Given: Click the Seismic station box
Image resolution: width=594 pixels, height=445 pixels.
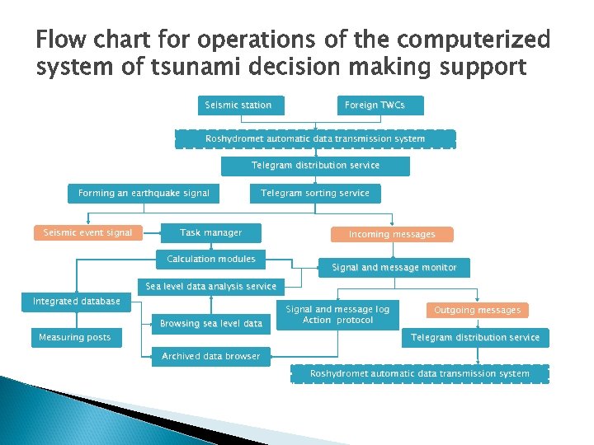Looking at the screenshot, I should tap(238, 105).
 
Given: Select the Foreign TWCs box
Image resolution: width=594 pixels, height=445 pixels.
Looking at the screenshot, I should tap(381, 105).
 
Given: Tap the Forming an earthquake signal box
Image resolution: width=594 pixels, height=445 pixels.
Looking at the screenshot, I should tap(144, 194).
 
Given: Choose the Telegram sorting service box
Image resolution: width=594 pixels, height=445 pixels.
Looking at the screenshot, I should tap(315, 194).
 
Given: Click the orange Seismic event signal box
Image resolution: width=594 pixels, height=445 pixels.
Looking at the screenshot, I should tap(87, 233).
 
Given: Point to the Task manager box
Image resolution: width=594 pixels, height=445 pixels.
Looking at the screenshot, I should tap(211, 233).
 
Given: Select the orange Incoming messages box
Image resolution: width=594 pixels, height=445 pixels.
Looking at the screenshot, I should tap(392, 235).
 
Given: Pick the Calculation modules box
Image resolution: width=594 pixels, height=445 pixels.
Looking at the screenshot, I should tap(211, 260).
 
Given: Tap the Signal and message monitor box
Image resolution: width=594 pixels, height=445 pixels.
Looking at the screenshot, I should tap(394, 268).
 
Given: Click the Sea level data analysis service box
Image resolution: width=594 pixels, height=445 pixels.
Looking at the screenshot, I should tap(211, 287).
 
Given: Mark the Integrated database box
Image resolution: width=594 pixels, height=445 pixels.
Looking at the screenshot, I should tap(77, 302).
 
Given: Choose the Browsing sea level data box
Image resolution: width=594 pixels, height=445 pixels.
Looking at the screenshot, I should tap(211, 324).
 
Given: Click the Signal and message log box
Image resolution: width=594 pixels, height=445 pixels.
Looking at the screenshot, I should tap(337, 315).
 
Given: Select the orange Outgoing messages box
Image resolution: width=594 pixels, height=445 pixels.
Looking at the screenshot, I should tap(478, 311).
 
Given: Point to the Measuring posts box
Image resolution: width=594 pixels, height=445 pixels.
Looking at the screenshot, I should tap(75, 338).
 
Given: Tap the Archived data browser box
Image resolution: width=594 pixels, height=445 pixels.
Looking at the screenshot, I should tap(211, 357).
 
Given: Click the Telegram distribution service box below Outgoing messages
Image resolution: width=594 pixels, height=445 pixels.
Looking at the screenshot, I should tap(475, 338).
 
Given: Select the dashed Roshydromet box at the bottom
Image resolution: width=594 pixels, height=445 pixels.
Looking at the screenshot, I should tap(420, 374).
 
